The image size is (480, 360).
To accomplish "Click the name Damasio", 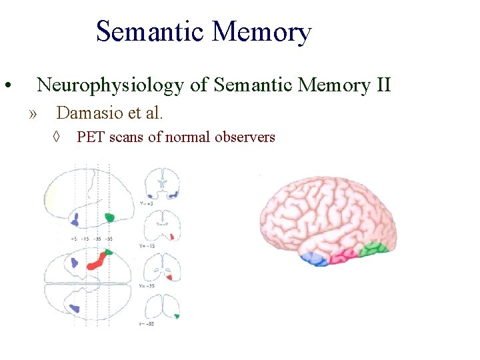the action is [x=88, y=113].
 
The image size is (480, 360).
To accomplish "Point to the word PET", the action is [x=89, y=137].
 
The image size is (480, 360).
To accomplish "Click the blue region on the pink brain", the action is [x=313, y=259].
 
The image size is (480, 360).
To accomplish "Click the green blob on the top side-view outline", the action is [x=110, y=217].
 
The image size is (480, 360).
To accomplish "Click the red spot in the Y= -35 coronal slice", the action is [x=171, y=276].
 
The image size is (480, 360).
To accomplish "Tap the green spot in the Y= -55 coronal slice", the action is [x=176, y=315].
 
